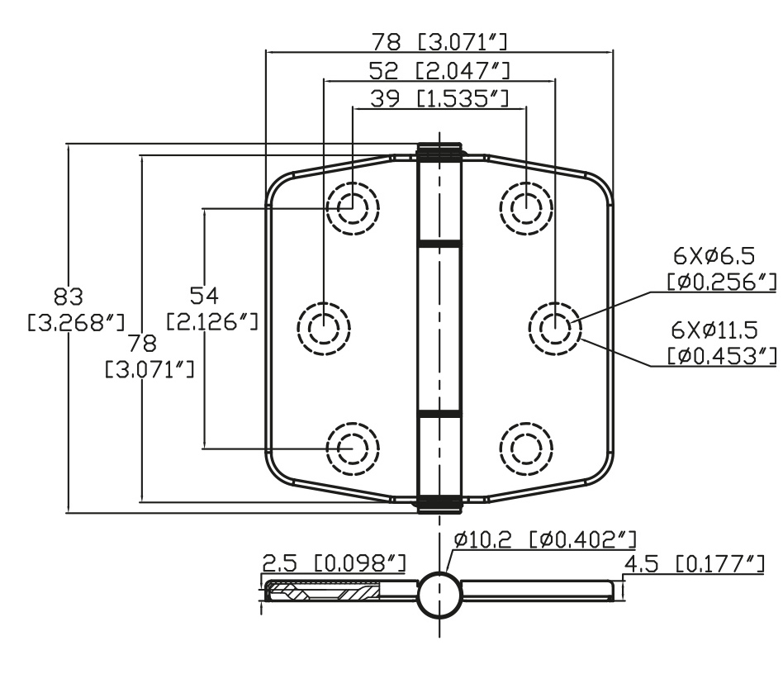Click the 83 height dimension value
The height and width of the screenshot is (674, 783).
[69, 297]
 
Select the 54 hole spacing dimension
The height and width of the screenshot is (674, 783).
[204, 296]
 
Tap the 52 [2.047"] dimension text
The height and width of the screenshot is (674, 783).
[439, 71]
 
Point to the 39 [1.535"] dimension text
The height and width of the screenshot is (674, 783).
[439, 98]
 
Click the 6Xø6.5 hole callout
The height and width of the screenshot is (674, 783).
[714, 257]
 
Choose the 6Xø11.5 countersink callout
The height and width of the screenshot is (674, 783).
[714, 330]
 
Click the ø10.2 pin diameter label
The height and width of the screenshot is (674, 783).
[483, 539]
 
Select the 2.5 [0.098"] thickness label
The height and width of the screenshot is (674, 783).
[335, 563]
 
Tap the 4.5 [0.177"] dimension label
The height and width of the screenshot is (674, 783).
[694, 565]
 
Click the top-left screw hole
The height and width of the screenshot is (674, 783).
[353, 208]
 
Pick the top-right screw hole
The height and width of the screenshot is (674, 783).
[526, 208]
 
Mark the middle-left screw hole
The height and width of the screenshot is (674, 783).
[324, 329]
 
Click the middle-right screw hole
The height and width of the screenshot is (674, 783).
[555, 329]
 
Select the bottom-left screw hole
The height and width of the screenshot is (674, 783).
[353, 449]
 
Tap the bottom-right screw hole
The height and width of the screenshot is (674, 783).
[526, 449]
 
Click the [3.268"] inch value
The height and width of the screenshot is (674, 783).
[76, 323]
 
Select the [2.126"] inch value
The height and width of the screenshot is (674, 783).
[212, 321]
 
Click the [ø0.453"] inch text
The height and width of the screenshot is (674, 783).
[722, 356]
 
